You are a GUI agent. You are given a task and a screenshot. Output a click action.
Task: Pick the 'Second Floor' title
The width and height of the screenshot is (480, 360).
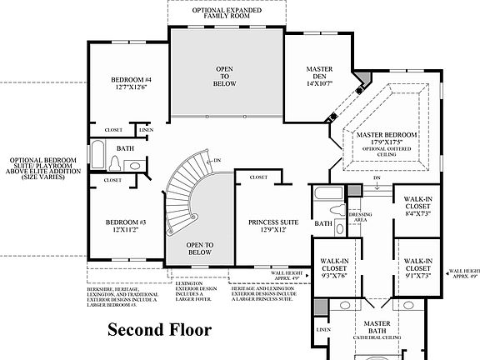[159, 329]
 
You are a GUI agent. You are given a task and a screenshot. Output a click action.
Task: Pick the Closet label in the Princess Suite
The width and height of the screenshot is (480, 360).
[258, 177]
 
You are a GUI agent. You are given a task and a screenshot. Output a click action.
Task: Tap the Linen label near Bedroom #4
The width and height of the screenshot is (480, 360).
[146, 130]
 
